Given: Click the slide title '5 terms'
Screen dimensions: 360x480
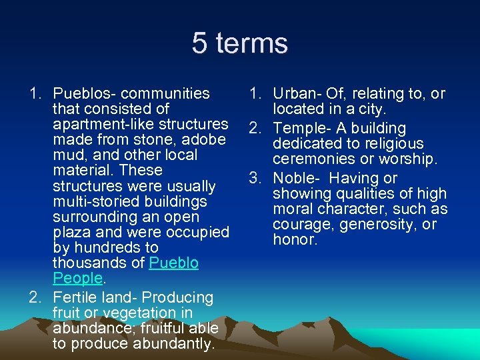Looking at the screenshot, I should coord(240,44).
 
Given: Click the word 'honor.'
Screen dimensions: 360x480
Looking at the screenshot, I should coord(295,239).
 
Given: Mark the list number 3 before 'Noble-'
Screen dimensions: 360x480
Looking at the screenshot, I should coord(254,178).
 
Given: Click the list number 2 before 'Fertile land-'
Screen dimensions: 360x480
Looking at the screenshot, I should coord(35,297).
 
